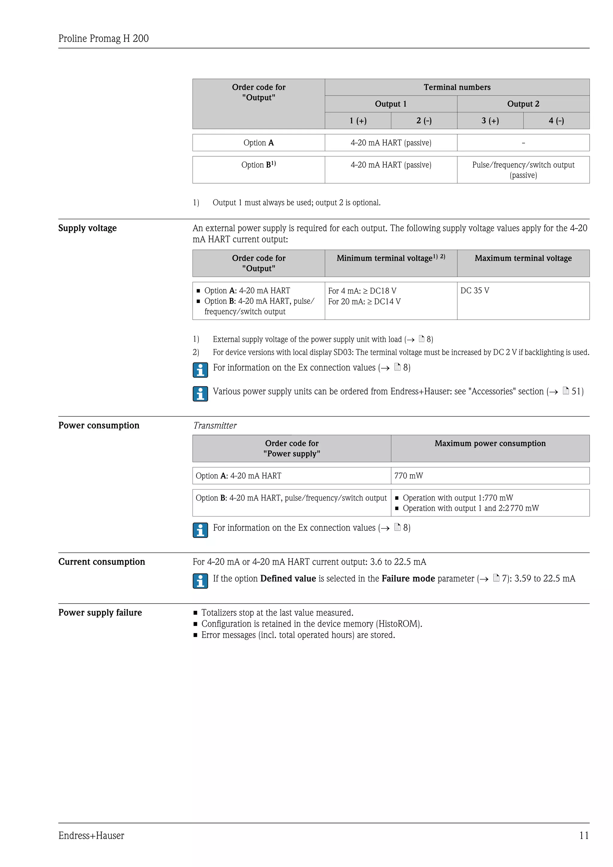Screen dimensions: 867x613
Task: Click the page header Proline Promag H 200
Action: [x=104, y=39]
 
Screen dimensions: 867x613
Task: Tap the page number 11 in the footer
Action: [x=584, y=835]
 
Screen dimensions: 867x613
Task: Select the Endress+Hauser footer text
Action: [x=91, y=835]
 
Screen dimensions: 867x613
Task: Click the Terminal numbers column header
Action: [x=457, y=87]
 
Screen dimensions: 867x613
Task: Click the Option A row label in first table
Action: [x=259, y=143]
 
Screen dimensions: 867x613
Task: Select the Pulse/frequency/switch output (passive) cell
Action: [x=523, y=170]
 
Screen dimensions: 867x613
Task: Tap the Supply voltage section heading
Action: [x=88, y=228]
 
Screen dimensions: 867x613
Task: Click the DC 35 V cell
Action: [x=475, y=290]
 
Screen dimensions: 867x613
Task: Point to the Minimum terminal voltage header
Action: [x=390, y=258]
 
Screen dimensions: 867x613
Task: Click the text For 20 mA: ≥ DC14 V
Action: [x=364, y=301]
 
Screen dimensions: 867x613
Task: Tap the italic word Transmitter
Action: [x=215, y=426]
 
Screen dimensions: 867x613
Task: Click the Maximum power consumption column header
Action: [x=490, y=443]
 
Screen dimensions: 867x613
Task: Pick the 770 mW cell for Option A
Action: [x=408, y=476]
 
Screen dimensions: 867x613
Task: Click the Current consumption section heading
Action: [x=101, y=562]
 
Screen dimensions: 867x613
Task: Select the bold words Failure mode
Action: [x=408, y=578]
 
